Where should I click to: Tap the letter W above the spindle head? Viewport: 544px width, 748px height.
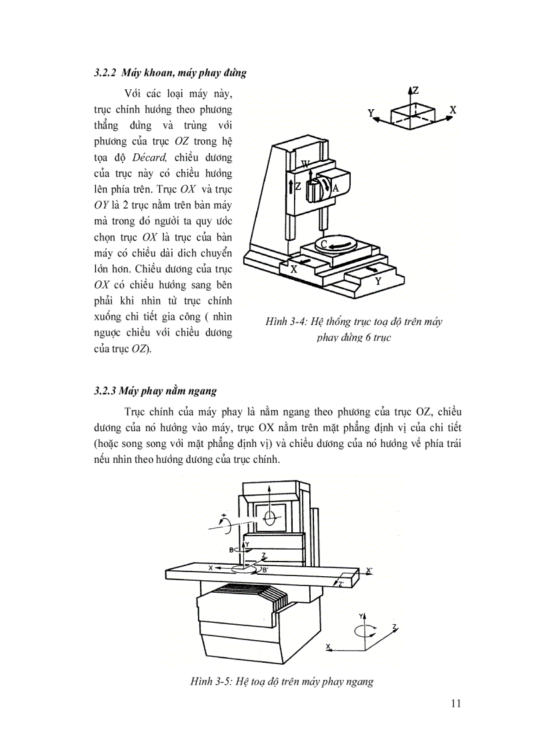coord(305,164)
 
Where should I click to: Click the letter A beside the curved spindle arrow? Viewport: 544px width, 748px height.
coord(336,188)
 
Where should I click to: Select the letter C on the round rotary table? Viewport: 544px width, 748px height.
coord(323,244)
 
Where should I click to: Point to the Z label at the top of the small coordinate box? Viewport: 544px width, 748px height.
coord(415,91)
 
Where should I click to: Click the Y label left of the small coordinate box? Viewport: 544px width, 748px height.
coord(371,114)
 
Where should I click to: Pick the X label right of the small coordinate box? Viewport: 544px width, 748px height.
coord(453,109)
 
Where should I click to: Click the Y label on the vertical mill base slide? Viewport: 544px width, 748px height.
coord(378,281)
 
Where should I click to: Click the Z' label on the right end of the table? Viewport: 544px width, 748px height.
coord(341,584)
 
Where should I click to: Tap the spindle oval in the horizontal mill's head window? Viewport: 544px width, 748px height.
coord(269,517)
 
